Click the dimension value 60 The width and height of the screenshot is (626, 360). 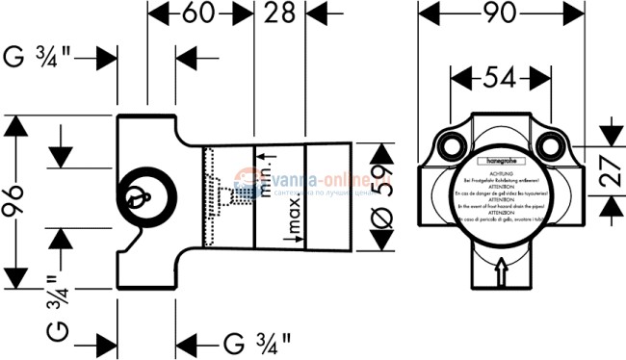pos(199,14)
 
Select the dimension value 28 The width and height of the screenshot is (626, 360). pos(279,14)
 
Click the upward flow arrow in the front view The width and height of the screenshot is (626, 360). pos(502,274)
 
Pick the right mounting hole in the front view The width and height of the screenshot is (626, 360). pos(553,147)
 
